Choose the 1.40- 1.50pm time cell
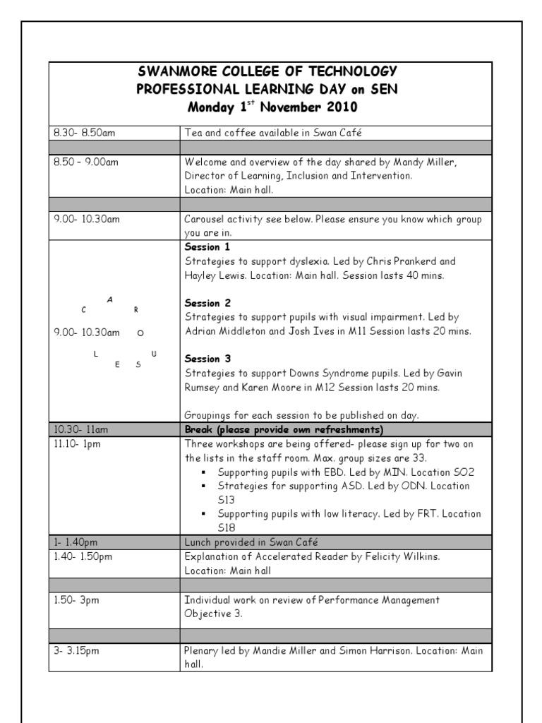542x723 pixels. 82,556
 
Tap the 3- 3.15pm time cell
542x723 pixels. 76,650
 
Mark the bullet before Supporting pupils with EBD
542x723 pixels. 203,472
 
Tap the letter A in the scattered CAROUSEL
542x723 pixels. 109,299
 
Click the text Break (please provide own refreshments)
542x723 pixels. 283,429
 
